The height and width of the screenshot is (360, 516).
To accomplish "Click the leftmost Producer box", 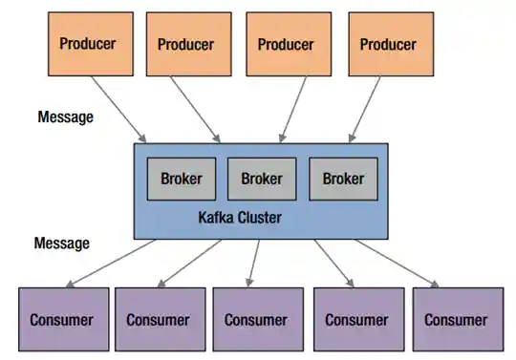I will click(89, 43).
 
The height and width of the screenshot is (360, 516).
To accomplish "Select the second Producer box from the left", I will click(187, 44).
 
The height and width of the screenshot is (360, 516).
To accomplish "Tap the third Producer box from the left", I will click(287, 44).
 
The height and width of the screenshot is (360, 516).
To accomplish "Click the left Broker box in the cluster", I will click(181, 179).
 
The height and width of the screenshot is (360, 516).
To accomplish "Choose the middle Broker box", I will click(262, 179).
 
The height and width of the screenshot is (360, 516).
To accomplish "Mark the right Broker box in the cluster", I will click(343, 179).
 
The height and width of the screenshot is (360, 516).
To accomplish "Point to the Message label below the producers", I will click(65, 117).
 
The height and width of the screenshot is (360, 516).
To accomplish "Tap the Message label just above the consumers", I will click(62, 244).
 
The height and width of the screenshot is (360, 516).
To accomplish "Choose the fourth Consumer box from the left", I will click(355, 320).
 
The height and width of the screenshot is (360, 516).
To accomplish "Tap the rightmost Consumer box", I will click(456, 320).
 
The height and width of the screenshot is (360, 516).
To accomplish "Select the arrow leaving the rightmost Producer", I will click(368, 109).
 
